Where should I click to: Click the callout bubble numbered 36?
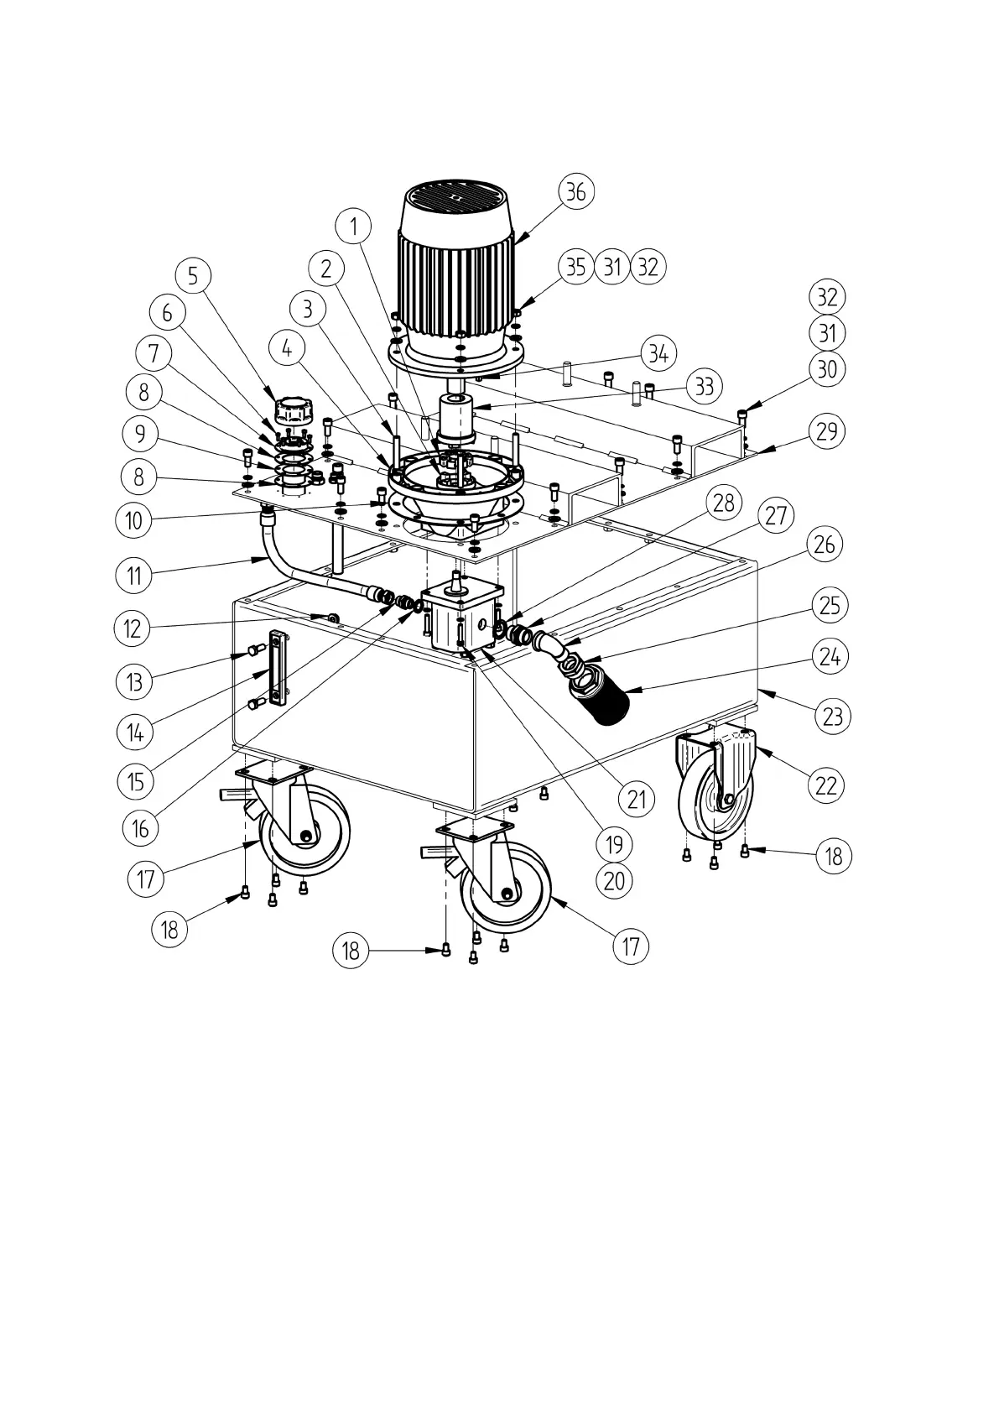tap(575, 191)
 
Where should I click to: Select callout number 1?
tap(355, 225)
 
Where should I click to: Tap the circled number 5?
tap(194, 275)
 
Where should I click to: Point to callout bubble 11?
tap(134, 576)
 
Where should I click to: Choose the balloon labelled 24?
tap(830, 655)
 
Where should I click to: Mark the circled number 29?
tap(827, 431)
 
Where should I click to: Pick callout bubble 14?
tap(135, 733)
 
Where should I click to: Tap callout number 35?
tap(575, 267)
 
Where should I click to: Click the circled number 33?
tap(705, 387)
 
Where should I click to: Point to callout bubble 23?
tap(832, 717)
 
